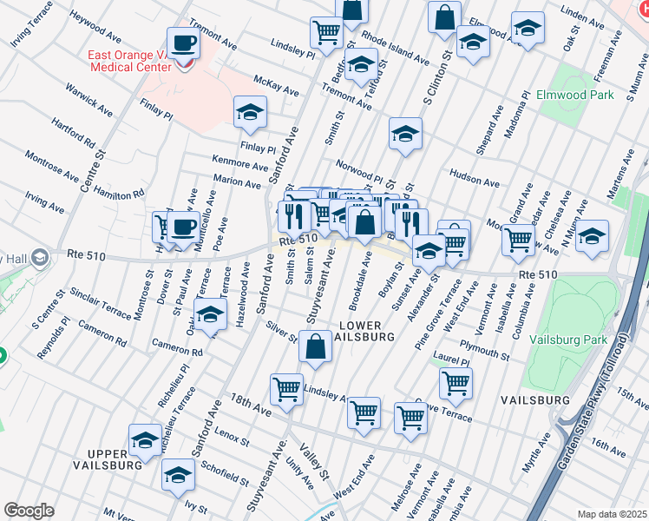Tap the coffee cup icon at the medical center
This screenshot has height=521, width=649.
click(x=183, y=43)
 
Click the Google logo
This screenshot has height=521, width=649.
click(x=29, y=511)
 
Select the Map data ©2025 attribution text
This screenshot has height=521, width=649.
click(x=612, y=514)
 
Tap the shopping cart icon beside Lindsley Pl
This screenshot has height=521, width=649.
click(x=326, y=32)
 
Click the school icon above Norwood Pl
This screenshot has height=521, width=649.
click(x=405, y=134)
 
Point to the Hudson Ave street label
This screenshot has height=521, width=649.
click(x=474, y=182)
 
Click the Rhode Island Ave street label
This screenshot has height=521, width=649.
click(x=396, y=49)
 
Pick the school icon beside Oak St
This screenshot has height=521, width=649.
click(x=527, y=28)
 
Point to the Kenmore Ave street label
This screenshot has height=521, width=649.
click(x=240, y=162)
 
